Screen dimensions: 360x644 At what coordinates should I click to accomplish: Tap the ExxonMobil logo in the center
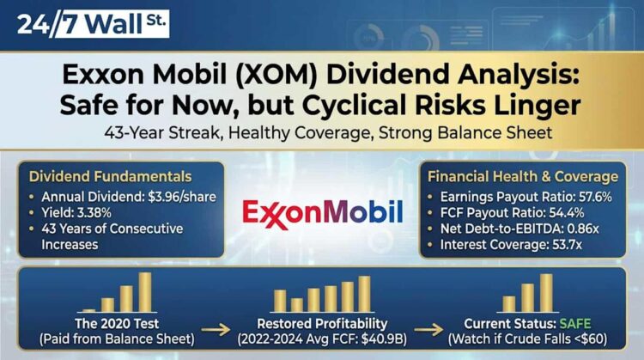point(321,211)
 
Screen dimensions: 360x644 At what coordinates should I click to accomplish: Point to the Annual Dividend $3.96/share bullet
point(129,197)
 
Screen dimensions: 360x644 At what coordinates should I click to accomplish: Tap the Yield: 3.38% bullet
point(81,214)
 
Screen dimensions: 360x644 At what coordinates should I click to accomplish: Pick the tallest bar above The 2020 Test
point(145,292)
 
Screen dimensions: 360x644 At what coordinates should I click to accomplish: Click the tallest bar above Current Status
point(546,293)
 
